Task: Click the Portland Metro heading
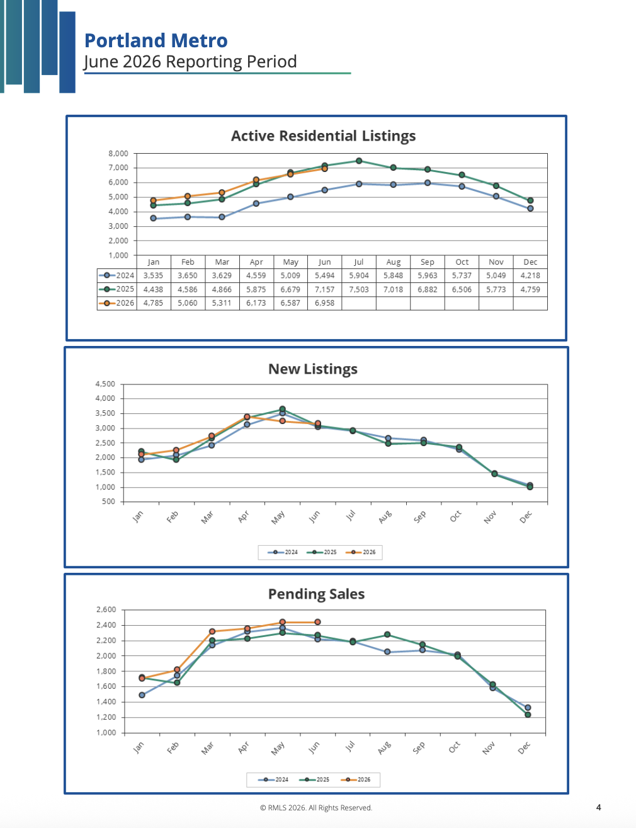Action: pos(156,40)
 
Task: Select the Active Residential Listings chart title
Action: pos(323,136)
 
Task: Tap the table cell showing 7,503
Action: pos(359,290)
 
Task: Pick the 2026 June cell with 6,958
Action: pos(325,303)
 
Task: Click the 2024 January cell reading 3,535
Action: pos(154,275)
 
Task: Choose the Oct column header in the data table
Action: pos(462,262)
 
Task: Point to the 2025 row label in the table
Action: pos(116,289)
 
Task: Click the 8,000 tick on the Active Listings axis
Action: pos(118,154)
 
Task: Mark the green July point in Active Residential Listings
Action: pos(359,161)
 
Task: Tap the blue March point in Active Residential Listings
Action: pos(222,217)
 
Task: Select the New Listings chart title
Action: pos(313,369)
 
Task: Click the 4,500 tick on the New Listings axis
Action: pos(105,384)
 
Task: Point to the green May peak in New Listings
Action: pos(282,409)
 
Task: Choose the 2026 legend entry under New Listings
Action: pos(360,552)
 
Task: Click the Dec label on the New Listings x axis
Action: pos(526,517)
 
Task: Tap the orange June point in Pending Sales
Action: pos(317,622)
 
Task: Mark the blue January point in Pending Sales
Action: pos(142,695)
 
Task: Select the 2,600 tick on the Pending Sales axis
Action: pos(106,610)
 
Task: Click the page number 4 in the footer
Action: pos(599,807)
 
